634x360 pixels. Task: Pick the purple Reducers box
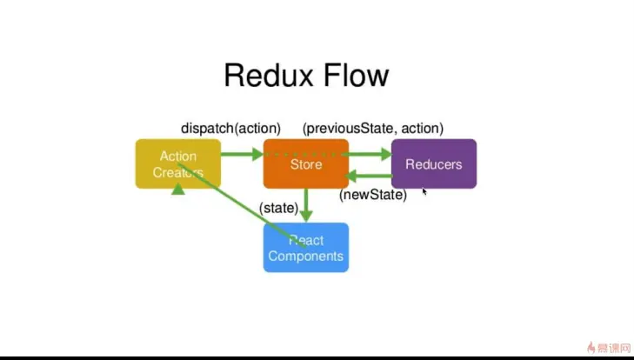433,163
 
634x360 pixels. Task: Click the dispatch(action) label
230,128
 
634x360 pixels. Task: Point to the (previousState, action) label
372,128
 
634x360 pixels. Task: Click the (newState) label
372,195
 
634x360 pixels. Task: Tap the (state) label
278,208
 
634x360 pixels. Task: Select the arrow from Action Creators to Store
241,154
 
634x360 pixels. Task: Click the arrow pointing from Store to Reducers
370,154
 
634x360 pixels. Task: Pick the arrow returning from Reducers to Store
369,176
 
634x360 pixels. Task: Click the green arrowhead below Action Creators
178,188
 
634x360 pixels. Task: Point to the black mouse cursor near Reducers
424,191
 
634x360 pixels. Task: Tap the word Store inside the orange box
306,163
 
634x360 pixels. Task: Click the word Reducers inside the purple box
433,163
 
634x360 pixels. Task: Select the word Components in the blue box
306,257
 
